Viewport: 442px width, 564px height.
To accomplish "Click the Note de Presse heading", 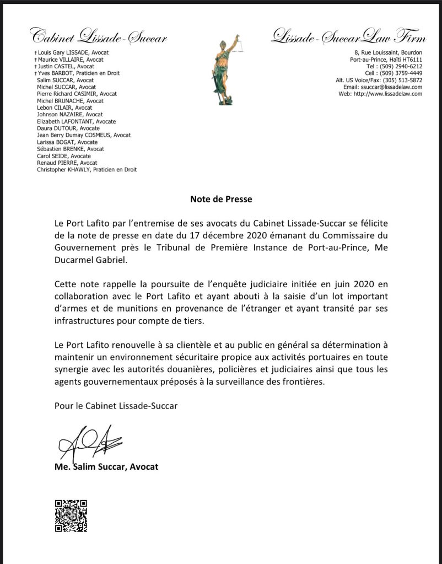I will pos(220,200).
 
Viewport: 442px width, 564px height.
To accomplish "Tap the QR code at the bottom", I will pos(71,515).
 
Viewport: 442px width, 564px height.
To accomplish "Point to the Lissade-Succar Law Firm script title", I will pos(349,37).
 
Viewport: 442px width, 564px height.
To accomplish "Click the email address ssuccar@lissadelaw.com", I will pos(391,87).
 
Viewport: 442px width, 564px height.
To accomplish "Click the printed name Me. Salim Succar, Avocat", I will pos(106,466).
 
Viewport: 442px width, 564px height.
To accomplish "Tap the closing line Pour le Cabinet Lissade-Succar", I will pos(116,406).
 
